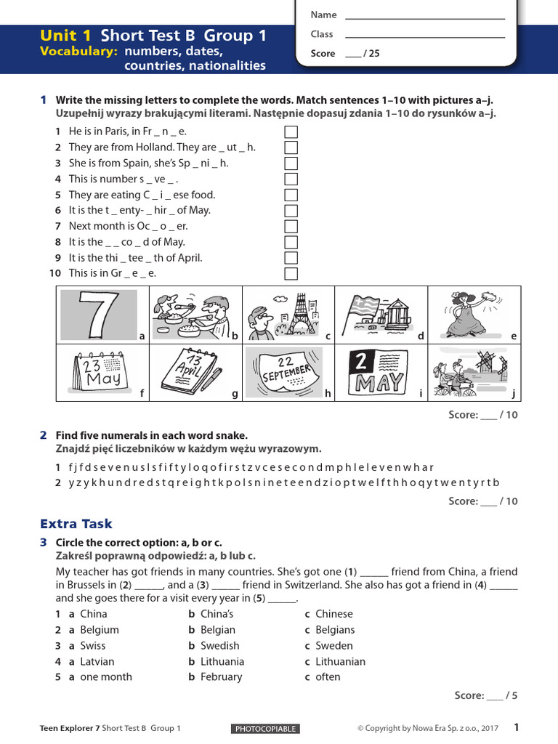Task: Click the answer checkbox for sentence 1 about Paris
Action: (x=291, y=132)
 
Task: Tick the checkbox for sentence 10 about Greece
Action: (x=291, y=274)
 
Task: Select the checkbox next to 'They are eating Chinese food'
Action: (x=291, y=195)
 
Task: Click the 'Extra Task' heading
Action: (x=76, y=524)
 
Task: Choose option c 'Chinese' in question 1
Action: (x=333, y=614)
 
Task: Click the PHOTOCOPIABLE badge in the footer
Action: (x=265, y=729)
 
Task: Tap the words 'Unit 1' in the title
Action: (x=67, y=36)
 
